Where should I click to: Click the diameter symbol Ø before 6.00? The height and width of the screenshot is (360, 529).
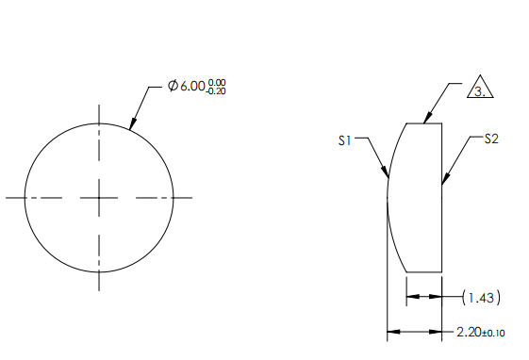[x=173, y=86]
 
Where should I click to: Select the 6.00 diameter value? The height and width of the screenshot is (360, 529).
[x=193, y=86]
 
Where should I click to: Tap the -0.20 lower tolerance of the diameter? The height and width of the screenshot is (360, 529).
[x=217, y=90]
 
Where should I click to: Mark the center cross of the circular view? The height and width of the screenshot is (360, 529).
[x=99, y=197]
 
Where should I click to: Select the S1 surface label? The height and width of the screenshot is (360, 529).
[x=345, y=140]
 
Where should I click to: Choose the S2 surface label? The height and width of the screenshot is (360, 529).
[x=490, y=139]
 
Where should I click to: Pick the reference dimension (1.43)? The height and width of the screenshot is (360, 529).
[x=481, y=298]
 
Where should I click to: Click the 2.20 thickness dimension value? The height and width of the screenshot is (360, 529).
[x=468, y=332]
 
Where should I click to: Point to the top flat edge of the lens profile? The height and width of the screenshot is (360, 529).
[x=423, y=123]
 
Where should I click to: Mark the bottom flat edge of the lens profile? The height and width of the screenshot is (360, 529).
[x=423, y=272]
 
